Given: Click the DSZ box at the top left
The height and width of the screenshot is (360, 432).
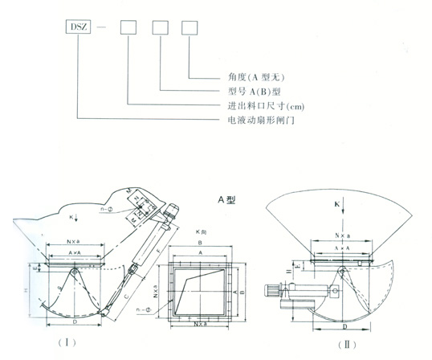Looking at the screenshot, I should [79, 27].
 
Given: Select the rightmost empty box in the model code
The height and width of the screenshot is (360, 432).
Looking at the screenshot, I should [190, 27].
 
